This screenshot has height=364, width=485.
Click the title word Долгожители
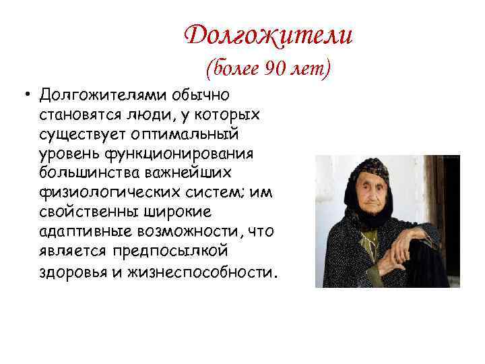click(268, 34)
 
